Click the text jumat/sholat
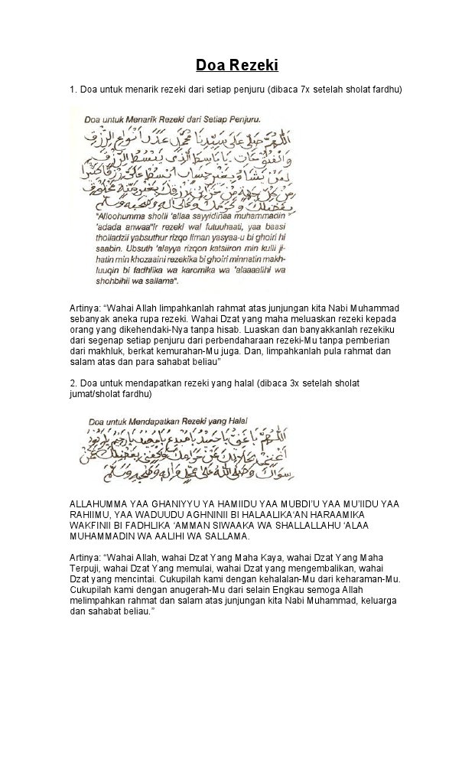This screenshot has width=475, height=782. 96,393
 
